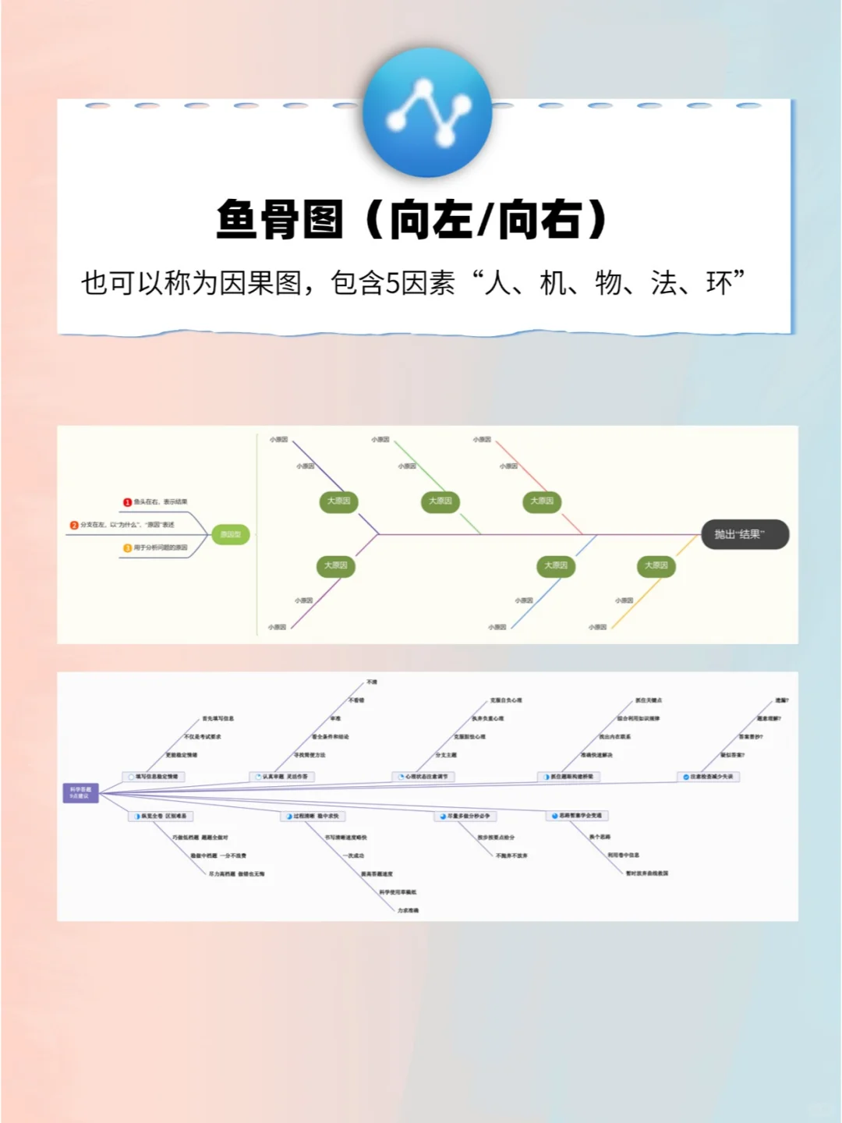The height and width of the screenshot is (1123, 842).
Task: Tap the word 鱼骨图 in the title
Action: click(x=279, y=219)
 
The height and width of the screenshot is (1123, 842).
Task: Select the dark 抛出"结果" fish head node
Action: click(x=745, y=534)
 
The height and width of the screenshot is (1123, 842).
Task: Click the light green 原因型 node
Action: click(x=231, y=534)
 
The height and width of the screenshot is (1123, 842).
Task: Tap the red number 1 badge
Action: click(x=127, y=502)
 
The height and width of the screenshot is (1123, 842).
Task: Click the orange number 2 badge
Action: click(x=74, y=525)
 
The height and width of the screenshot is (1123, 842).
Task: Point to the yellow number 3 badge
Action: click(x=127, y=548)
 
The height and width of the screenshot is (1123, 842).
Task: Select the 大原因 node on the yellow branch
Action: click(x=656, y=565)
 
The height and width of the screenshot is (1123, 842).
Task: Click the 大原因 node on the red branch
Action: click(x=542, y=501)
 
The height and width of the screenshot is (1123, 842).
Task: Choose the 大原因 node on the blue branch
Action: click(x=556, y=565)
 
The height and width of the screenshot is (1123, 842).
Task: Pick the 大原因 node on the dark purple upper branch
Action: click(x=338, y=501)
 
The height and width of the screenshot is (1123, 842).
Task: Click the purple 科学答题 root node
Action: click(x=80, y=793)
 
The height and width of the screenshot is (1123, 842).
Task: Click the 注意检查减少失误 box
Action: click(x=708, y=777)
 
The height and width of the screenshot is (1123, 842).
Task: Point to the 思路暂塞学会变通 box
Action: click(x=577, y=816)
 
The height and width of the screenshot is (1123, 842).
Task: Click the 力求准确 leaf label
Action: click(x=408, y=910)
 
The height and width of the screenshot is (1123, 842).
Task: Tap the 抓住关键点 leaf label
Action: click(x=649, y=700)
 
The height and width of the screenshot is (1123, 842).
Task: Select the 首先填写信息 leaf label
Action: click(x=218, y=718)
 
